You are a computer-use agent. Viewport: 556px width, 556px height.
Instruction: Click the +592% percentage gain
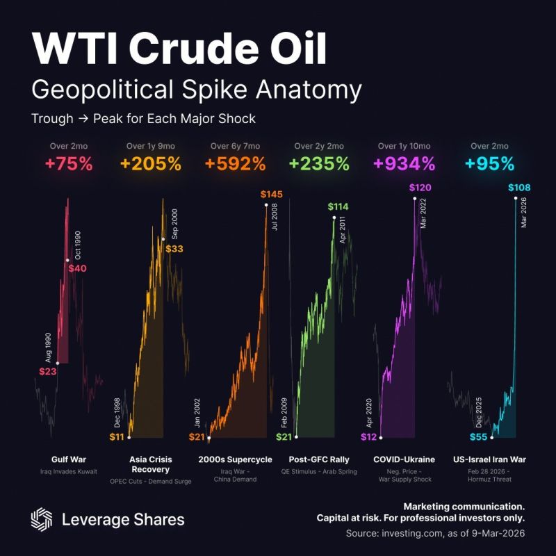pos(236,164)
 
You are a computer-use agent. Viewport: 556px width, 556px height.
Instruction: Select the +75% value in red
pos(69,164)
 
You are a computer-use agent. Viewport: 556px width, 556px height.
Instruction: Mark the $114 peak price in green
pos(338,206)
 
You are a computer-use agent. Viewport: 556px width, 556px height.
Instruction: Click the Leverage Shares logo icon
pos(42,519)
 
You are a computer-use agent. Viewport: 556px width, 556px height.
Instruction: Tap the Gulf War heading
pos(69,459)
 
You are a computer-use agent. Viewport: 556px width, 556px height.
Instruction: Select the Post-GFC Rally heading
pos(319,459)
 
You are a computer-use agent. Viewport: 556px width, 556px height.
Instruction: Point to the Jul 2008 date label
pos(275,216)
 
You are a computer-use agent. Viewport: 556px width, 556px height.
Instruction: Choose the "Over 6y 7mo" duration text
pos(236,146)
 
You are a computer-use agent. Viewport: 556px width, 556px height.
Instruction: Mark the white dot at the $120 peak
pos(415,199)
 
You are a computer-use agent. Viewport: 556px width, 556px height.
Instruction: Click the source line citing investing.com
pos(435,533)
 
